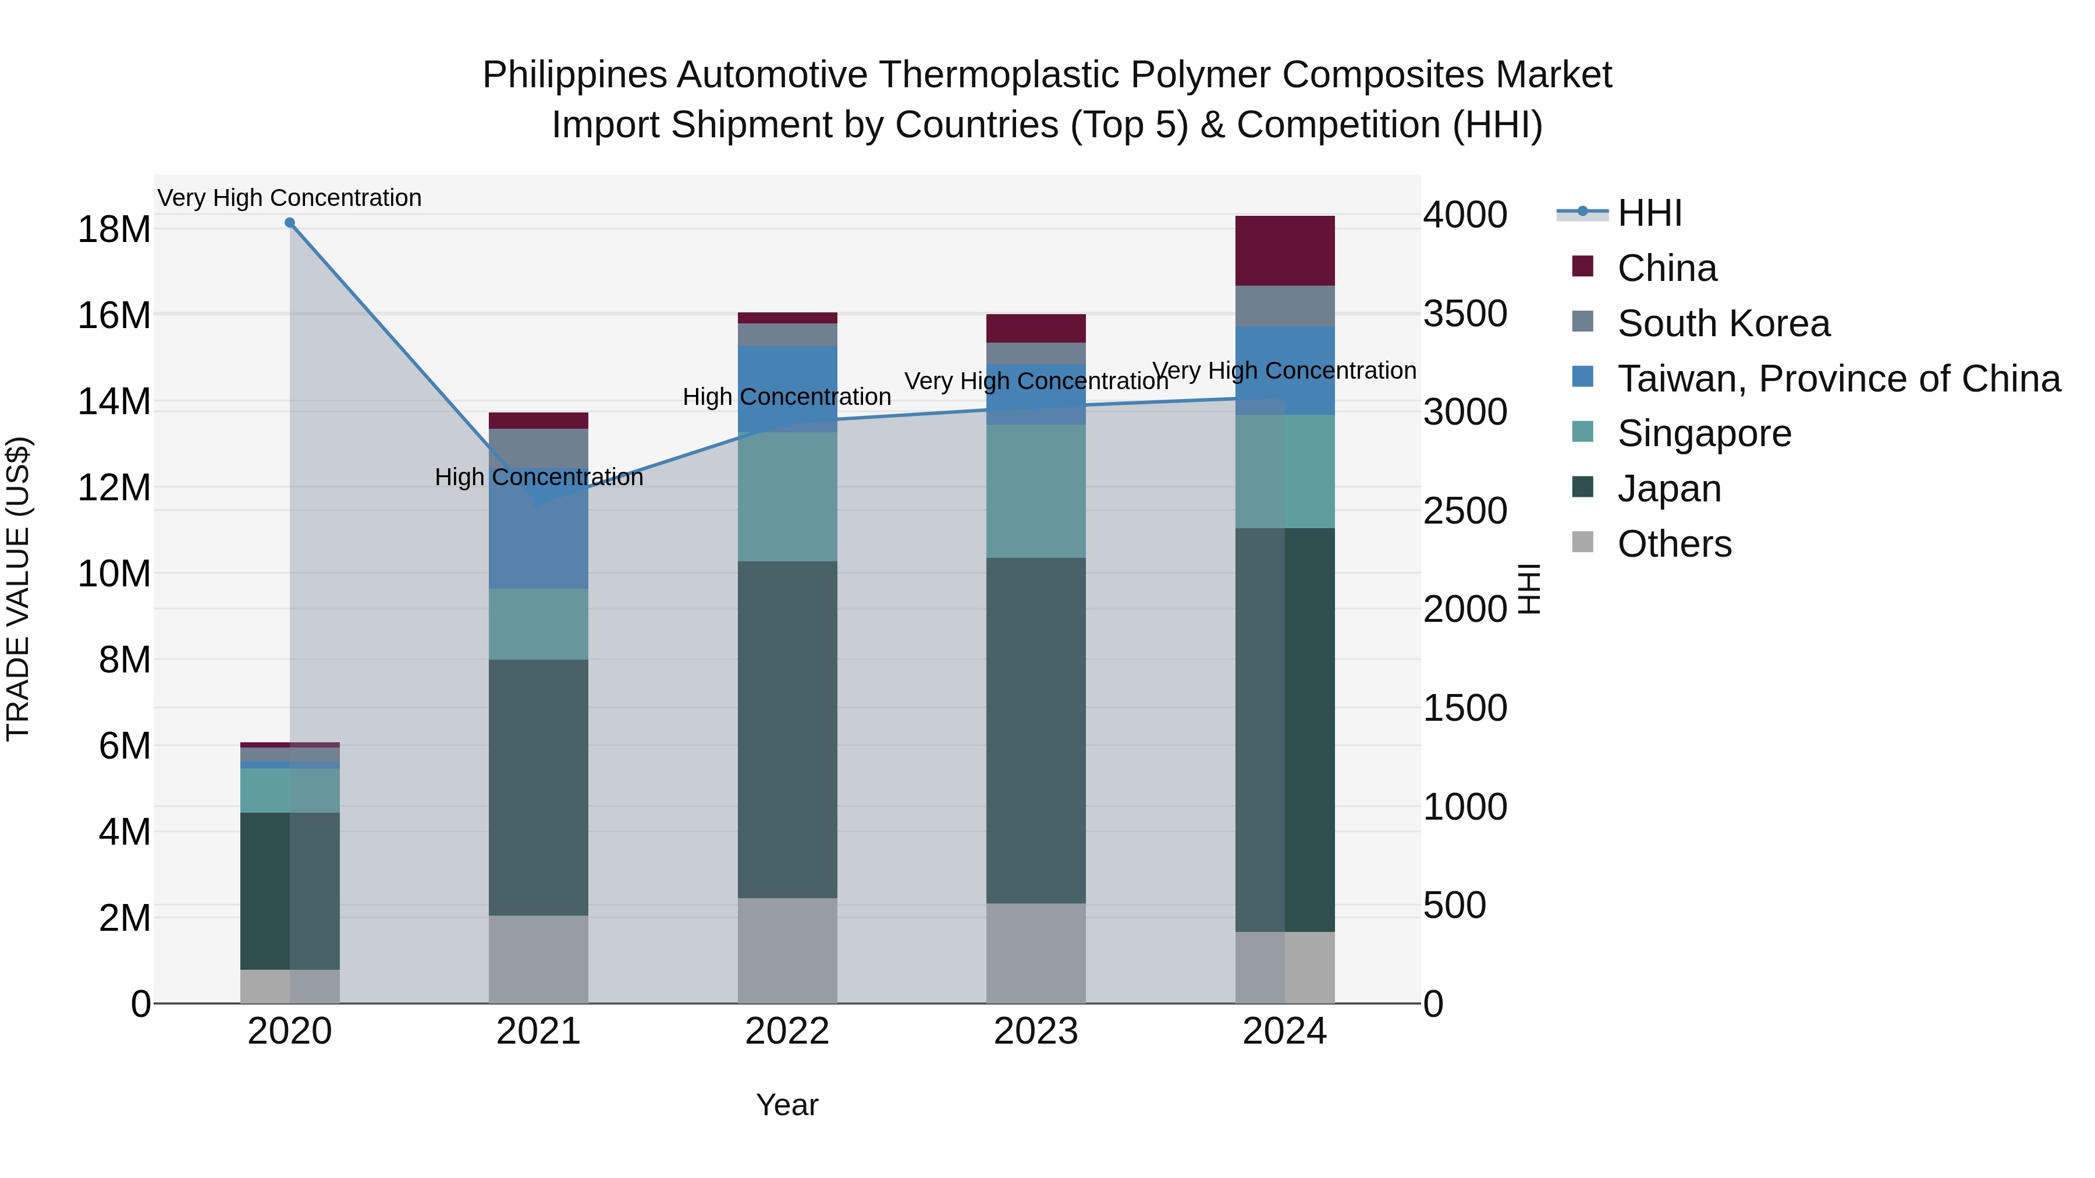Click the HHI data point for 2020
click(290, 223)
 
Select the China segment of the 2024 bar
click(1284, 250)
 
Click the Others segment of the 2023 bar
click(1035, 953)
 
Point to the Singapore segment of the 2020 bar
click(290, 790)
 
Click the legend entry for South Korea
click(1723, 323)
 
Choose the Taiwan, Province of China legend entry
click(1838, 379)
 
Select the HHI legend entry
click(1649, 213)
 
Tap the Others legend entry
click(1674, 544)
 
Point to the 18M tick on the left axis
click(114, 230)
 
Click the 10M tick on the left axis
click(114, 574)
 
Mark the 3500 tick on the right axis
click(1465, 314)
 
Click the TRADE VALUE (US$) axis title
click(18, 589)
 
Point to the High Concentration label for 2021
click(538, 477)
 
